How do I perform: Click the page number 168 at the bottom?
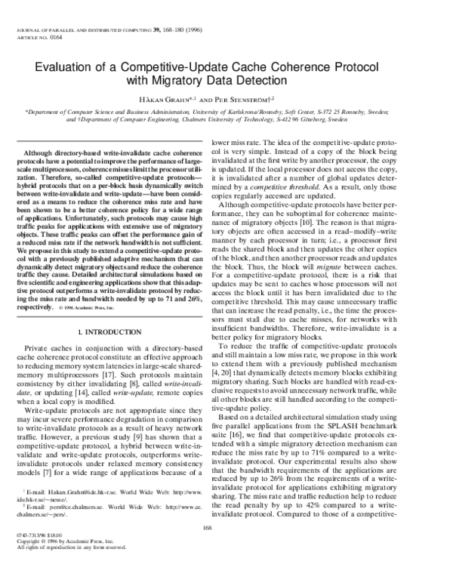226,547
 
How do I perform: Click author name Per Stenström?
256,99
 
